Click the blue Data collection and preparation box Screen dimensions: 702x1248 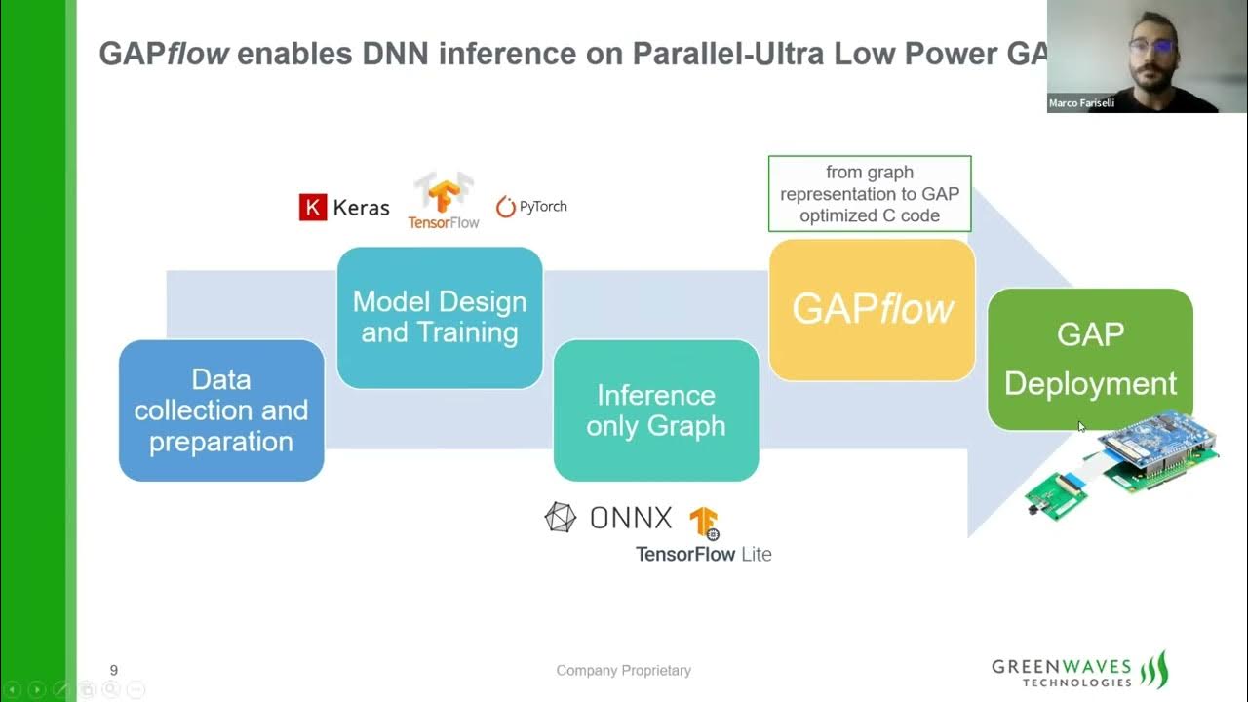point(221,410)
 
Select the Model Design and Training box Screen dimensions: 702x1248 point(440,318)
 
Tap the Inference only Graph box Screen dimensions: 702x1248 point(656,410)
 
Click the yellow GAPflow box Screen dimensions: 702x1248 point(872,310)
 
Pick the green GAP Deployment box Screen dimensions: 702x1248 point(1090,359)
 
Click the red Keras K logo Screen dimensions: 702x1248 point(313,207)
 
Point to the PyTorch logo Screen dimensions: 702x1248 point(531,207)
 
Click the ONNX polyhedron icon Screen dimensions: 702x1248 point(561,518)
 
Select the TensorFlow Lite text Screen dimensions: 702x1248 point(703,554)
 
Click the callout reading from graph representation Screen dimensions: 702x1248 point(870,194)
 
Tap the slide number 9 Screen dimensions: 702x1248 point(114,670)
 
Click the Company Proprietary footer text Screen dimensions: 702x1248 point(623,670)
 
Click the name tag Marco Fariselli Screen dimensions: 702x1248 point(1081,103)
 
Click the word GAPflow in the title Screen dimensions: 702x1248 point(164,54)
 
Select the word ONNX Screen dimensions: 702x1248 point(631,518)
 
